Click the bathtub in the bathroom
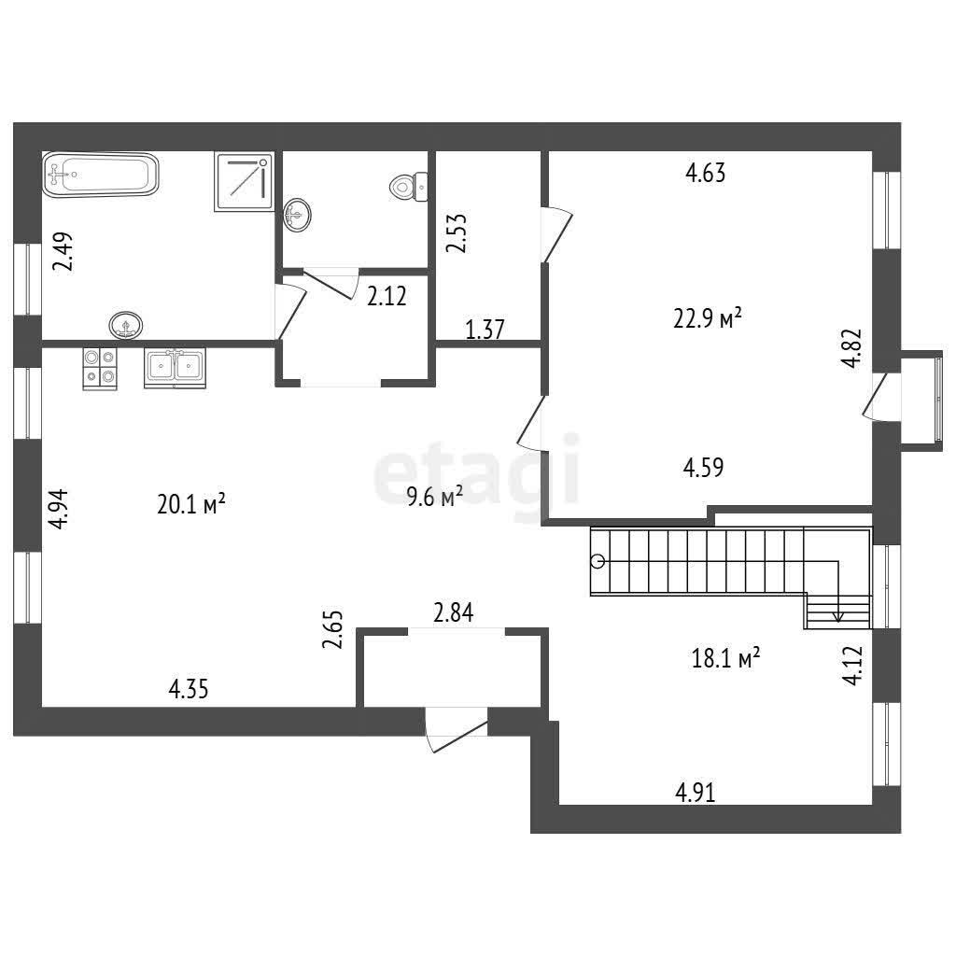(101, 175)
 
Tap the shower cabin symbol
(244, 182)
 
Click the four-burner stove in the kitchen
(100, 368)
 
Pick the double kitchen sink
(175, 368)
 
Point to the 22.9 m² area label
(708, 318)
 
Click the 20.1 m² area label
(191, 504)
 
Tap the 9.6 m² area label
(435, 498)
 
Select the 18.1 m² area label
(725, 658)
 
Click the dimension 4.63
(706, 173)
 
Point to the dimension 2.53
(456, 232)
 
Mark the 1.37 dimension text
(485, 330)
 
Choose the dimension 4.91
(695, 793)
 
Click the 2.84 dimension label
(453, 612)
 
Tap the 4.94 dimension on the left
(59, 509)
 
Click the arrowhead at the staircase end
(838, 617)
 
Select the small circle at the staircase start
(598, 561)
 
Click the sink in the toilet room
(298, 214)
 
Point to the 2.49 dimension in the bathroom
(63, 251)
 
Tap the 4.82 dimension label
(851, 347)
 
